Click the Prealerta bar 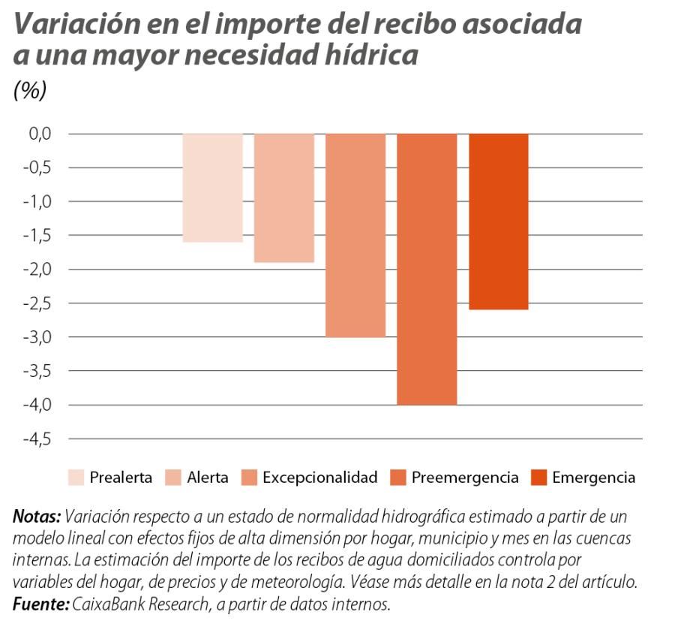pyautogui.click(x=213, y=188)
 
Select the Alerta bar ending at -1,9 pyautogui.click(x=284, y=197)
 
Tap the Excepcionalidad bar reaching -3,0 pyautogui.click(x=355, y=235)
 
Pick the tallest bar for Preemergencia pyautogui.click(x=427, y=269)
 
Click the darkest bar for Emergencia pyautogui.click(x=499, y=222)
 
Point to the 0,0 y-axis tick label pyautogui.click(x=35, y=134)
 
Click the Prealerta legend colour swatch pyautogui.click(x=76, y=478)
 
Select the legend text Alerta pyautogui.click(x=208, y=478)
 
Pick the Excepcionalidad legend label pyautogui.click(x=319, y=478)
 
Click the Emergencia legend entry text pyautogui.click(x=594, y=478)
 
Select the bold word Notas pyautogui.click(x=36, y=517)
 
